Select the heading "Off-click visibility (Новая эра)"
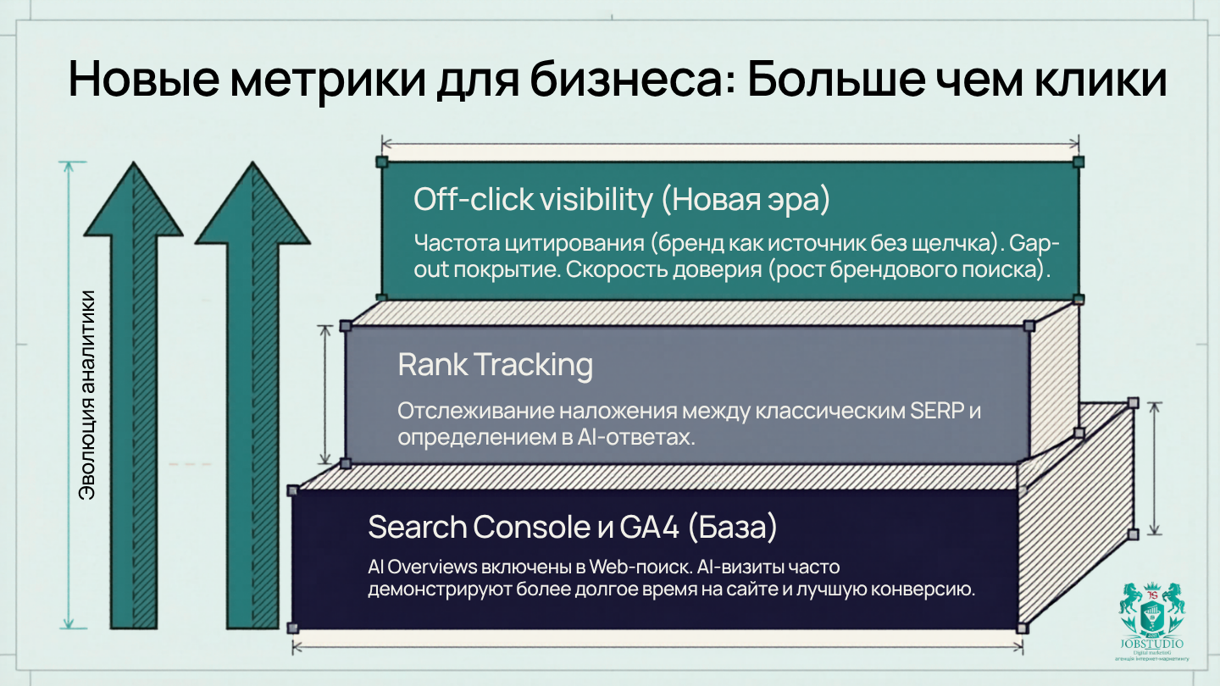point(622,200)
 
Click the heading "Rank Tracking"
point(495,365)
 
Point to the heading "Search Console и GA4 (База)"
point(573,527)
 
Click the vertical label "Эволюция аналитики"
point(87,396)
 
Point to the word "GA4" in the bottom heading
point(643,527)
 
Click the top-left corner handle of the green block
point(382,161)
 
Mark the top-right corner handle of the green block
point(1078,161)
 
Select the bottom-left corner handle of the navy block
point(293,628)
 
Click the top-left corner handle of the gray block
point(346,326)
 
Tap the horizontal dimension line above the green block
point(729,144)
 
